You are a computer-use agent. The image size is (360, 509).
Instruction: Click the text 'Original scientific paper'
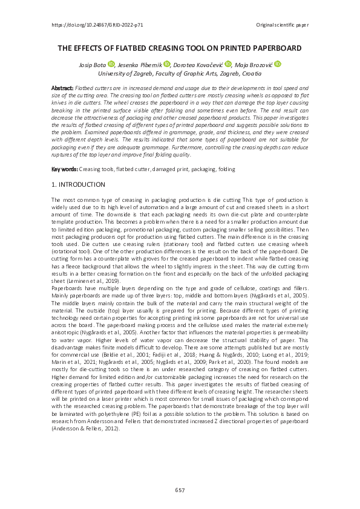[282, 25]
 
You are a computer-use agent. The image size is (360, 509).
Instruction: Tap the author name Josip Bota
[92, 64]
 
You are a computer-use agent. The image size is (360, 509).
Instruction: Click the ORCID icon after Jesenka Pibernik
[166, 64]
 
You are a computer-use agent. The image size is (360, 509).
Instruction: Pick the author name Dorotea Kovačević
[198, 64]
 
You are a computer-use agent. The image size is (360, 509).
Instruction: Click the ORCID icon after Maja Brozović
[278, 64]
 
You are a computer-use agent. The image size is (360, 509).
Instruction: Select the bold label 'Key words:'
[65, 169]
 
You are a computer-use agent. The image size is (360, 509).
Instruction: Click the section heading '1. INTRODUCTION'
[78, 184]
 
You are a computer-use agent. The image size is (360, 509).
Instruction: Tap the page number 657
[180, 490]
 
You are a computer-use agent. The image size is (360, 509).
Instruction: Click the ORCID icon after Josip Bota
[111, 64]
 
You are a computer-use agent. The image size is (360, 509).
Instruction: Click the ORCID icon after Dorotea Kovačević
[228, 64]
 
